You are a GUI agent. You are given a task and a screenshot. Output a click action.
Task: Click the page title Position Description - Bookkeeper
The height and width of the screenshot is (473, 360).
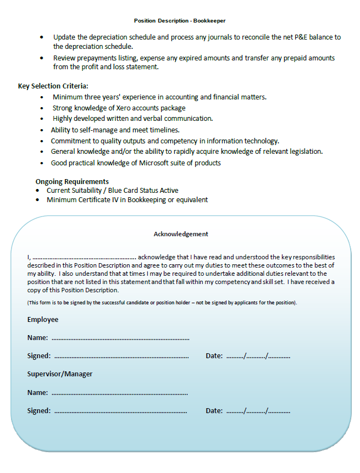tap(180, 20)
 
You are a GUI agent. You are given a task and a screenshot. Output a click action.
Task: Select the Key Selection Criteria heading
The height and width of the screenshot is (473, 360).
tap(53, 86)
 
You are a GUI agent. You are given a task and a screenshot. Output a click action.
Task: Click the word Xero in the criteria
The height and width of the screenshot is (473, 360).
tap(123, 108)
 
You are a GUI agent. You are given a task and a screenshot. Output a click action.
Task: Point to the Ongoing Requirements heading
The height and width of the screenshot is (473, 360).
tap(72, 181)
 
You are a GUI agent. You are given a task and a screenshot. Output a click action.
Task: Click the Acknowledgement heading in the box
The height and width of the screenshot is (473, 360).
tap(181, 233)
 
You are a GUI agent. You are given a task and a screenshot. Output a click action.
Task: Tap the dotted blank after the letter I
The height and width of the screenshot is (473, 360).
tap(84, 257)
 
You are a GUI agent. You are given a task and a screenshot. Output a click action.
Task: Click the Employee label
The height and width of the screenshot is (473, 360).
tap(43, 320)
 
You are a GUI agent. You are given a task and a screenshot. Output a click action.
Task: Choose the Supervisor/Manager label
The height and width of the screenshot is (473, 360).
tap(60, 374)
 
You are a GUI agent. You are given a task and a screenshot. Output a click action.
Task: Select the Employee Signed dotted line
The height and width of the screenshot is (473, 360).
tap(121, 356)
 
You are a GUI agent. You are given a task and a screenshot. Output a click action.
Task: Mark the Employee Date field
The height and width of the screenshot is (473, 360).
tap(258, 356)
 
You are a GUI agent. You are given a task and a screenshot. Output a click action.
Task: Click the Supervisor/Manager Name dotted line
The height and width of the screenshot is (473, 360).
tap(119, 393)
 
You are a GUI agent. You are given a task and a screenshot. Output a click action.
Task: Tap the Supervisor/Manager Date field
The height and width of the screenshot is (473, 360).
tap(258, 411)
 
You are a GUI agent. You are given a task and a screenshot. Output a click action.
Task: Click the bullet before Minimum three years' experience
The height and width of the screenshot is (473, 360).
tap(43, 97)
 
